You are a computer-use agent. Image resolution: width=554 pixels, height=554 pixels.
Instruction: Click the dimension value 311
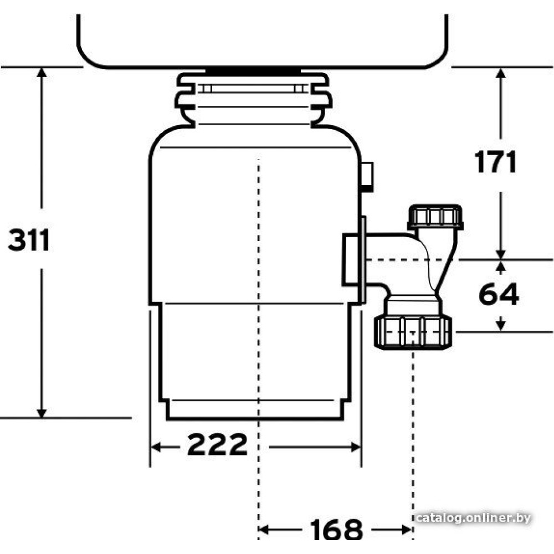tap(29, 240)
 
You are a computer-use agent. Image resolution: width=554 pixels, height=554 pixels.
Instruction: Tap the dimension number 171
tap(495, 162)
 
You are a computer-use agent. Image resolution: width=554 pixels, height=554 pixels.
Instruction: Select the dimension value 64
tap(499, 294)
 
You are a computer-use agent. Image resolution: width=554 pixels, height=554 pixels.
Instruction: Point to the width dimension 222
tap(217, 444)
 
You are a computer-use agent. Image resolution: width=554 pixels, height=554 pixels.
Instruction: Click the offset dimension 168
tap(336, 529)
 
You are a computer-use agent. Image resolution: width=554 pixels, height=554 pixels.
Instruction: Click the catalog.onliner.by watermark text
tap(473, 518)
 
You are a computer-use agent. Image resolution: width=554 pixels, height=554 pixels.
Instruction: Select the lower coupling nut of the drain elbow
tap(413, 332)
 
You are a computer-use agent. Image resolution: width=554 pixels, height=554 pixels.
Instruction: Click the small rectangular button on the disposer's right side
tap(367, 177)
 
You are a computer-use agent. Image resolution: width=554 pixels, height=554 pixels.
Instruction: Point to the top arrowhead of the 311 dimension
tap(42, 71)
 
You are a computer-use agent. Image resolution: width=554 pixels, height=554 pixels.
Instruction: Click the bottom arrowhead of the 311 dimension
tap(42, 413)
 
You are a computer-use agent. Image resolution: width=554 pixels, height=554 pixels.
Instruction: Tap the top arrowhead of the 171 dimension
tap(500, 73)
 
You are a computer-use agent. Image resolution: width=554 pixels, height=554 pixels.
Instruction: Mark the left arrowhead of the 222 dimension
tap(156, 447)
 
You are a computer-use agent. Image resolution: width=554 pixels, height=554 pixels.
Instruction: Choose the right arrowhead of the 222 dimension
tap(356, 447)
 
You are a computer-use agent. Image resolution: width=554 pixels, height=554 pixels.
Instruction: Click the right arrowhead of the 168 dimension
tap(407, 530)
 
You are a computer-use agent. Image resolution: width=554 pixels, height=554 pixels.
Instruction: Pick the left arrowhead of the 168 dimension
tap(264, 530)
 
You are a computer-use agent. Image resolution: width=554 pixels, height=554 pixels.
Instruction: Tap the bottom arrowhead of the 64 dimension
tap(500, 326)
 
